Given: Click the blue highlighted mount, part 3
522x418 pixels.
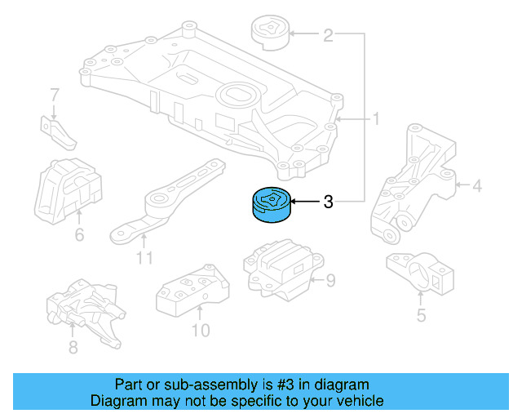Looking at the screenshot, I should pos(271,204).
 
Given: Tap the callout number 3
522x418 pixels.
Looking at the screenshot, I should pos(328,202).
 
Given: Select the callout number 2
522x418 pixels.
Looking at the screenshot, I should pos(328,35).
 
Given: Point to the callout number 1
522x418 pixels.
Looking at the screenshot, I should pos(376,119).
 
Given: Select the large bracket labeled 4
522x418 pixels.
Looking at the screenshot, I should pos(414,184).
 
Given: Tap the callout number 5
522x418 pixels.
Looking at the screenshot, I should pos(421,313).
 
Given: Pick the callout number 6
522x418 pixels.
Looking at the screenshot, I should pos(79,236).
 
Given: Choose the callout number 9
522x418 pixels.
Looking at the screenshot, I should pos(330,282).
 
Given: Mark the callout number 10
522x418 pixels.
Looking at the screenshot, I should pos(200,330).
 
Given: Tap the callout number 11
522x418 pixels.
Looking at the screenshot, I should pos(144,259).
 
